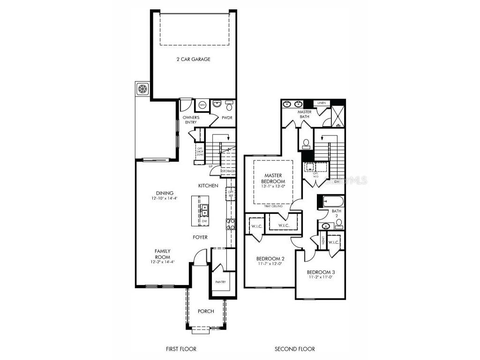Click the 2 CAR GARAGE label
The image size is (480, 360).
(x=193, y=60)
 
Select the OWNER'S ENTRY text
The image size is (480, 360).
(x=191, y=120)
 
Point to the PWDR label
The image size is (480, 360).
(x=227, y=118)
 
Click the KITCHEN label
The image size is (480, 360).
(x=208, y=186)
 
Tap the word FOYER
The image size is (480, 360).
(x=200, y=238)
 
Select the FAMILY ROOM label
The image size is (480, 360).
(x=163, y=254)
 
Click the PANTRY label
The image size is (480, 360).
(x=220, y=282)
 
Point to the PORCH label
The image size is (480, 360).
(x=206, y=311)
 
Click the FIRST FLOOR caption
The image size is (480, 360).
(x=181, y=349)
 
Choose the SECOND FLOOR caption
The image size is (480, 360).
(x=294, y=349)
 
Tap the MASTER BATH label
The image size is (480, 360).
(x=305, y=114)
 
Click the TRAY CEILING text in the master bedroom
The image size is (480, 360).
(x=273, y=206)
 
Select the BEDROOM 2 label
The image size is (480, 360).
(x=270, y=259)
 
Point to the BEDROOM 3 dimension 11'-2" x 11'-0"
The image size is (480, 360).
(x=321, y=277)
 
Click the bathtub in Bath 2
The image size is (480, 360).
(x=332, y=202)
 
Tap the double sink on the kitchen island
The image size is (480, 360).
(x=205, y=209)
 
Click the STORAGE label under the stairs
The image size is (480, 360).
(x=228, y=172)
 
